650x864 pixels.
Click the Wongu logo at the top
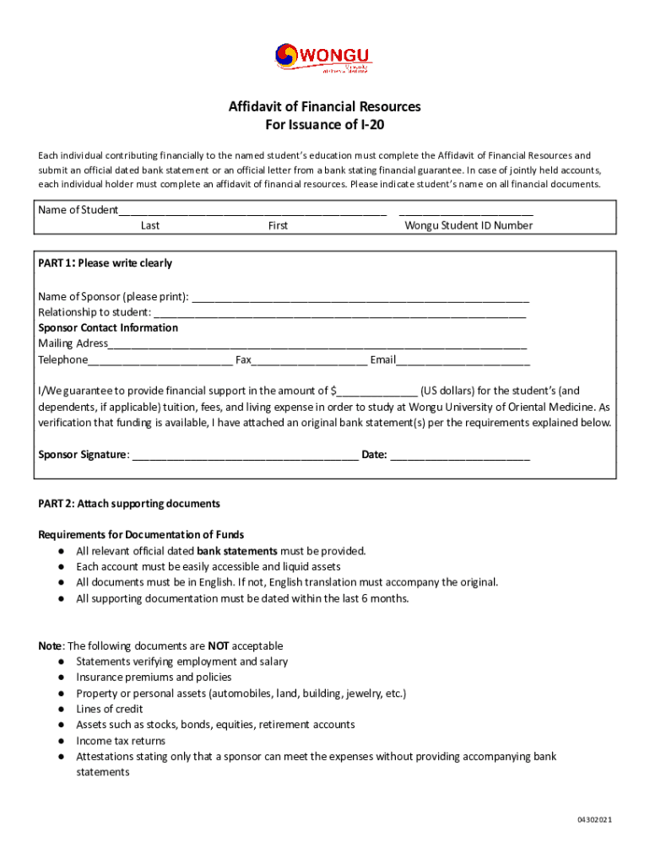[323, 59]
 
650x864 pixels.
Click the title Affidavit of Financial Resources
[325, 107]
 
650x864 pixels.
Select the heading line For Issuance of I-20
[325, 125]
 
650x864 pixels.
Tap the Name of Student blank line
[252, 211]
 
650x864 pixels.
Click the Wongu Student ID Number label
[469, 225]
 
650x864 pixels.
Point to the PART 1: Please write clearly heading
[106, 263]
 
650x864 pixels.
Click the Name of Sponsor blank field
[360, 298]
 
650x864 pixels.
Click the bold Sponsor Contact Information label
[108, 327]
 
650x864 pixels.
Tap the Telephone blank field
[160, 361]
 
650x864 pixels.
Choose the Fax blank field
[309, 361]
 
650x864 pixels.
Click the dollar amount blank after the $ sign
[377, 391]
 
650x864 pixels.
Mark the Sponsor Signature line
[245, 456]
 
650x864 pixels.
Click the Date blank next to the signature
[460, 456]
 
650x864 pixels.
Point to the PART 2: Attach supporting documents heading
[129, 504]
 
